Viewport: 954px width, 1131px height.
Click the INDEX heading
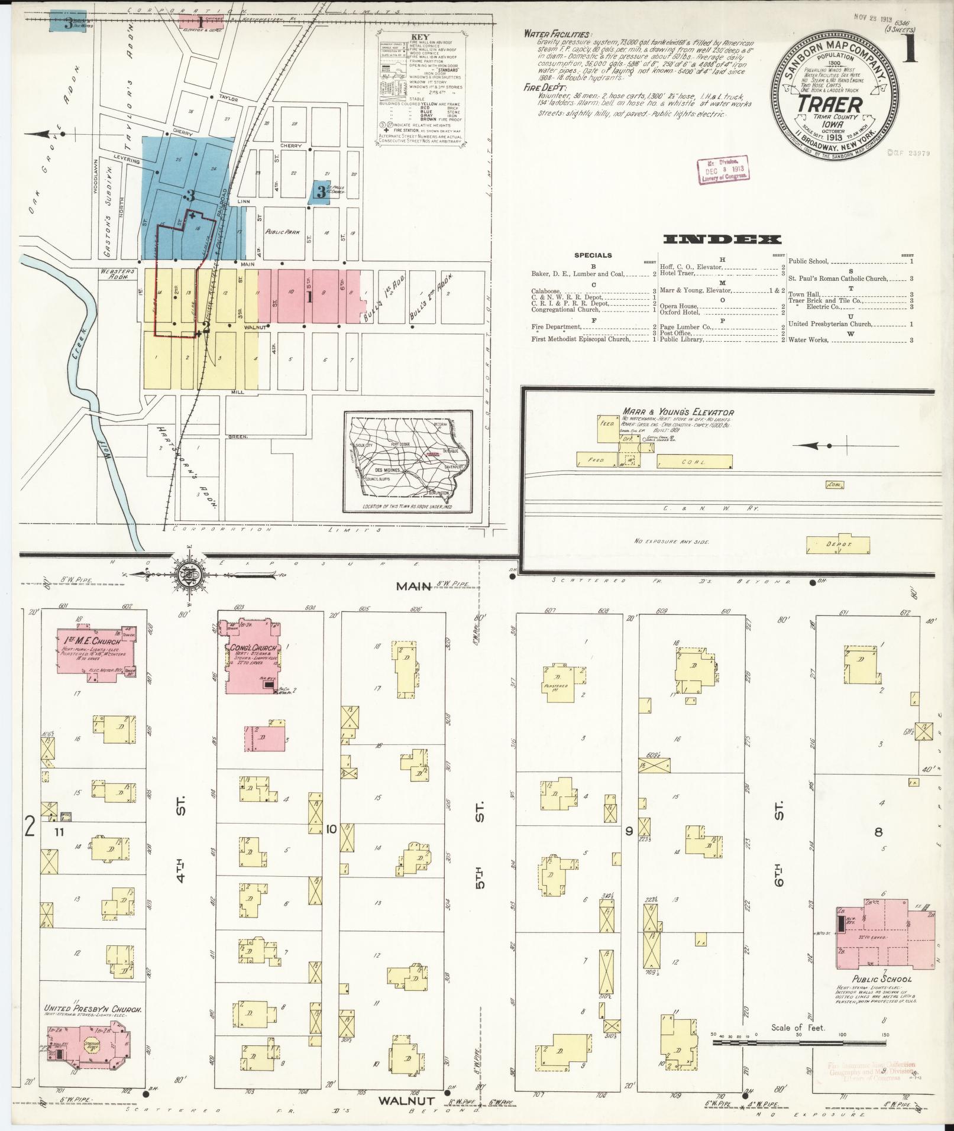(722, 239)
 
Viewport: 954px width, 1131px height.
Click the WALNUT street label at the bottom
(407, 1101)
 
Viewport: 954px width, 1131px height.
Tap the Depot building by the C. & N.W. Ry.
(838, 543)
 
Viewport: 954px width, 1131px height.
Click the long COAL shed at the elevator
(694, 461)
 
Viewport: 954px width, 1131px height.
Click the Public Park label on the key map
(279, 232)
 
